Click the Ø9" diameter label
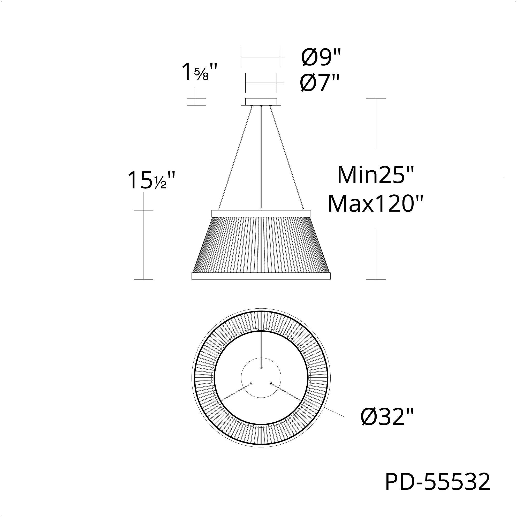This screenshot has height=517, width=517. coord(321,58)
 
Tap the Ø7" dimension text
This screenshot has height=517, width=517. coord(320,83)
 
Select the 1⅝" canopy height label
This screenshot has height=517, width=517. coord(199,73)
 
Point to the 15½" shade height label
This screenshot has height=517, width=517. coord(151,180)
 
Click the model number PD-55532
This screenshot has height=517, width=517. coord(438,482)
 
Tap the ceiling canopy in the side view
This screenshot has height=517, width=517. coord(261,102)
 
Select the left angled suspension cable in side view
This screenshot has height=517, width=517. coord(235,158)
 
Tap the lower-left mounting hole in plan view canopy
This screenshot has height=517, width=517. coord(252,383)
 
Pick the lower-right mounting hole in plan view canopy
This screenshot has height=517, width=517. coord(270,383)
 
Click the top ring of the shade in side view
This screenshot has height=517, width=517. coord(261,214)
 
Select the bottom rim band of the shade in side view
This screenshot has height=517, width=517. coord(261,276)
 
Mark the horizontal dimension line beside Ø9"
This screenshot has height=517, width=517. coord(261,57)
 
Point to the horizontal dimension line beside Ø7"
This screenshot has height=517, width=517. coord(261,83)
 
